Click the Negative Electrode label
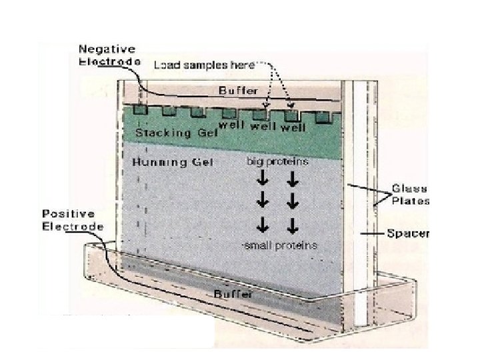tap(107, 55)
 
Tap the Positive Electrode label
tap(73, 220)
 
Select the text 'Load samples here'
tap(205, 65)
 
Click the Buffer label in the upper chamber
tap(238, 90)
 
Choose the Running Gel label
tap(173, 162)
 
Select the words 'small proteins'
tap(280, 246)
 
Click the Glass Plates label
tap(410, 194)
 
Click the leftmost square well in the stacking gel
tap(139, 110)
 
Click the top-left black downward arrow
tap(263, 178)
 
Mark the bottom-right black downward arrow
tap(293, 223)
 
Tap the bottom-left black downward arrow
tap(263, 223)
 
